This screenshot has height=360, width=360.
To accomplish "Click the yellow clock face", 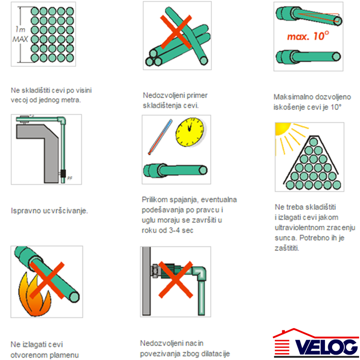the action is (x=189, y=132).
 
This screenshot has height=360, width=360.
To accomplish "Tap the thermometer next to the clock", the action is (x=160, y=137).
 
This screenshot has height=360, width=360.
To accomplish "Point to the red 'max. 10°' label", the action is (x=308, y=36).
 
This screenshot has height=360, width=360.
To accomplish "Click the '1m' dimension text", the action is (x=20, y=29).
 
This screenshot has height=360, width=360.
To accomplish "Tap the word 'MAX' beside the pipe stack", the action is (x=20, y=39).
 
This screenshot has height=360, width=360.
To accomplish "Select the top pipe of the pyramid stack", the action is (x=313, y=142).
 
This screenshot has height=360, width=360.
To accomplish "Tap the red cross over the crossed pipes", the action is (x=176, y=32).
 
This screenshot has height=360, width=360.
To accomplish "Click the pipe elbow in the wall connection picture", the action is (x=199, y=273).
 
